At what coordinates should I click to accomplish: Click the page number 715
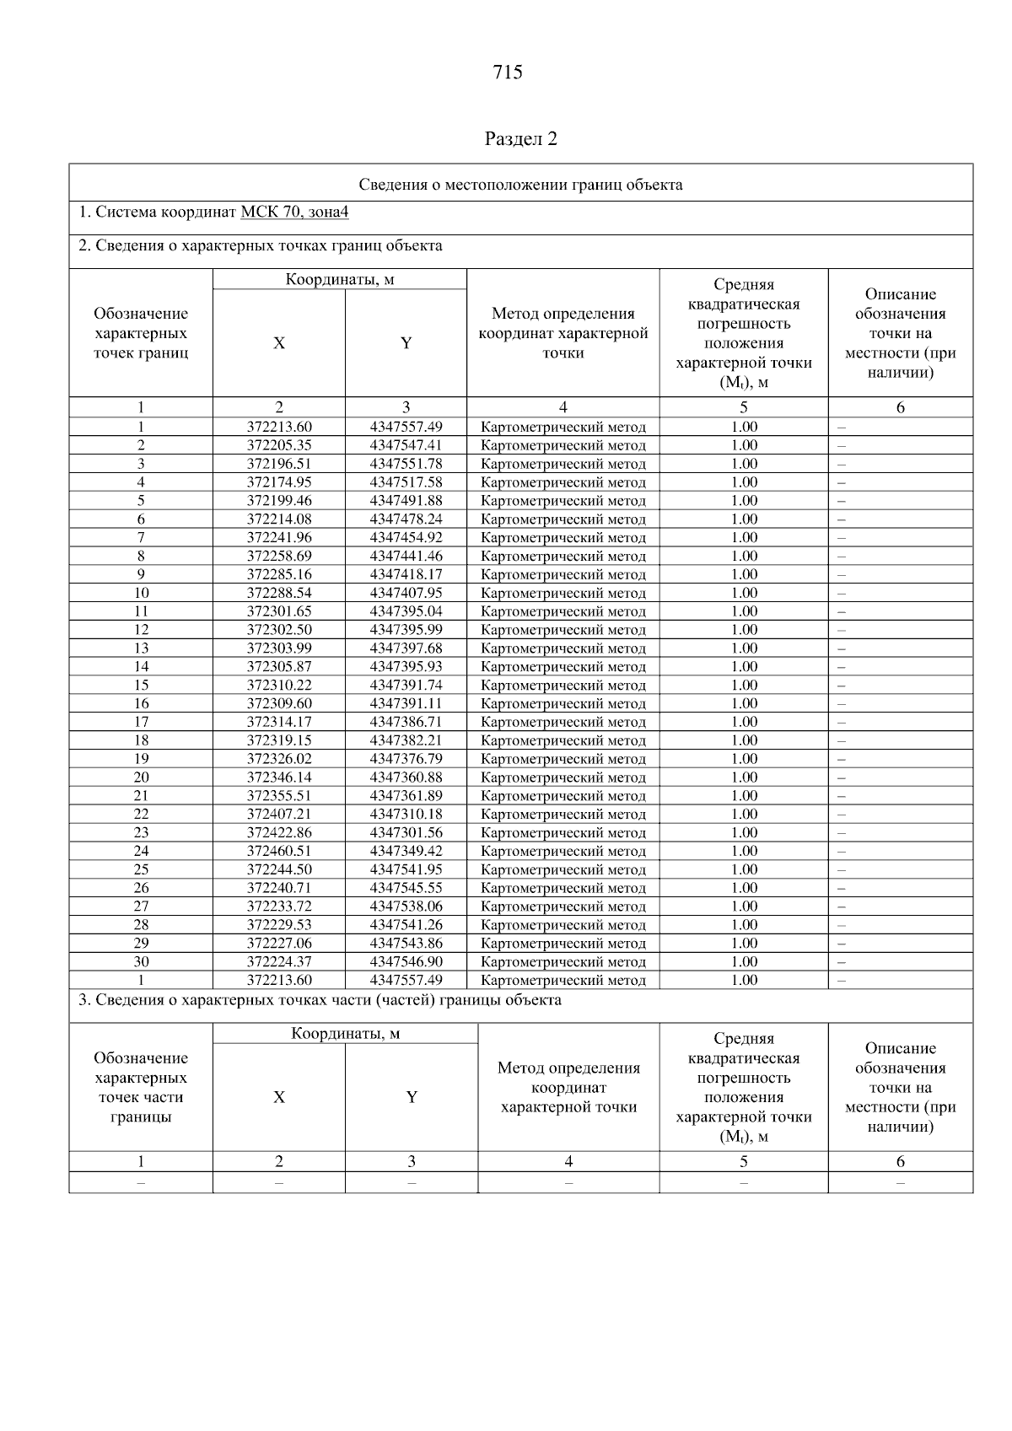tap(508, 73)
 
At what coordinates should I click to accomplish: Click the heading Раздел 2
tap(520, 138)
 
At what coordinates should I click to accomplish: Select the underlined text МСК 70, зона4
tap(294, 212)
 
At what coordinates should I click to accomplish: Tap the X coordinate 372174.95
tap(279, 482)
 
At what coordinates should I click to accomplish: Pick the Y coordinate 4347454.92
tap(406, 537)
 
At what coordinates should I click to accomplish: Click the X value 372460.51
tap(279, 851)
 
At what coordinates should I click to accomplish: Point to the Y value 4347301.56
tap(406, 832)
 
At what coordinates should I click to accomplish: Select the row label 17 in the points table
tap(141, 722)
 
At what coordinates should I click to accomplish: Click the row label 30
tap(141, 961)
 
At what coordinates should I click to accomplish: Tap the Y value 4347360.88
tap(406, 777)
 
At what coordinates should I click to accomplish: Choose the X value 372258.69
tap(279, 556)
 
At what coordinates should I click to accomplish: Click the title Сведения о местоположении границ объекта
tap(520, 185)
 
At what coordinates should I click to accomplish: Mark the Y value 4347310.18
tap(406, 814)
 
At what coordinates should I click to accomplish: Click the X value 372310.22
tap(279, 685)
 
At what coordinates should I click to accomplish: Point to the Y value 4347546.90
tap(406, 961)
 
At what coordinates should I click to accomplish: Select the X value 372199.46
tap(279, 501)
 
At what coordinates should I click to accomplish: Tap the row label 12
tap(141, 630)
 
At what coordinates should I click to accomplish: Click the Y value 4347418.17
tap(406, 574)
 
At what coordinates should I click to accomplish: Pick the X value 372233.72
tap(279, 906)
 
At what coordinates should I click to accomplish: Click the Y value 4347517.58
tap(406, 482)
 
